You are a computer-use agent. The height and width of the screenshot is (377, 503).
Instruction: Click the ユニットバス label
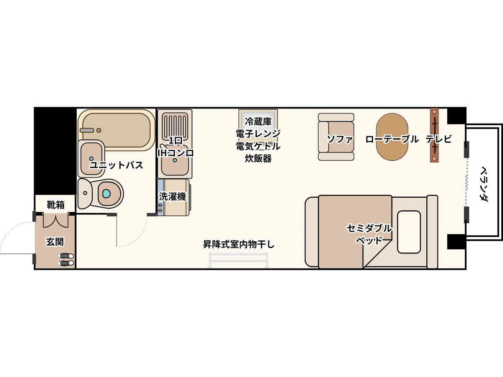[116, 165]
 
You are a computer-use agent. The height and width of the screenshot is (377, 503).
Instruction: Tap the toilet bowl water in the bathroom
[106, 194]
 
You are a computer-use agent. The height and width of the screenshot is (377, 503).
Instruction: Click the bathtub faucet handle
[87, 130]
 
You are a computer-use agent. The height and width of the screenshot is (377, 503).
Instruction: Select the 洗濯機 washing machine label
[173, 196]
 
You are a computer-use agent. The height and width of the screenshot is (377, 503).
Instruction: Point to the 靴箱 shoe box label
[55, 205]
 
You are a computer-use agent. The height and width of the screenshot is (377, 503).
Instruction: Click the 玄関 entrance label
[55, 242]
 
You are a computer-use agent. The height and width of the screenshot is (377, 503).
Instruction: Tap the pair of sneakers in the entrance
[66, 259]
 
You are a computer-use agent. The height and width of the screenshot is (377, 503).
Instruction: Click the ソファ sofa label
[340, 139]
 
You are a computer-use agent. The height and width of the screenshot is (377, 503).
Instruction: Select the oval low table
[392, 137]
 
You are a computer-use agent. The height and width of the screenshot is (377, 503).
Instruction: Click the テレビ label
[438, 139]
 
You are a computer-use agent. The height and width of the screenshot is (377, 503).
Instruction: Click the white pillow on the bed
[409, 232]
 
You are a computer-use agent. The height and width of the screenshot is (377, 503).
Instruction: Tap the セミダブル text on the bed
[369, 228]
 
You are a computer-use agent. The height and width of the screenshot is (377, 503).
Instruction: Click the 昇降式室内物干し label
[239, 244]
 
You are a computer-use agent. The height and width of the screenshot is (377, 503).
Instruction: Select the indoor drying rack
[239, 260]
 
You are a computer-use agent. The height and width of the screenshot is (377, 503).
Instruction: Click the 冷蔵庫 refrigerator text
[258, 121]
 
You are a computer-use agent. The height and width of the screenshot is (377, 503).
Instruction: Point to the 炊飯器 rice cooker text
[258, 158]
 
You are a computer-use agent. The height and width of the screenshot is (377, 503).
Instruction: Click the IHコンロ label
[176, 153]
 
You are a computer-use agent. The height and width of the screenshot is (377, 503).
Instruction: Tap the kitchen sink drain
[175, 160]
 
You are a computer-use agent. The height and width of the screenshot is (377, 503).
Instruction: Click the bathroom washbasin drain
[91, 159]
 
